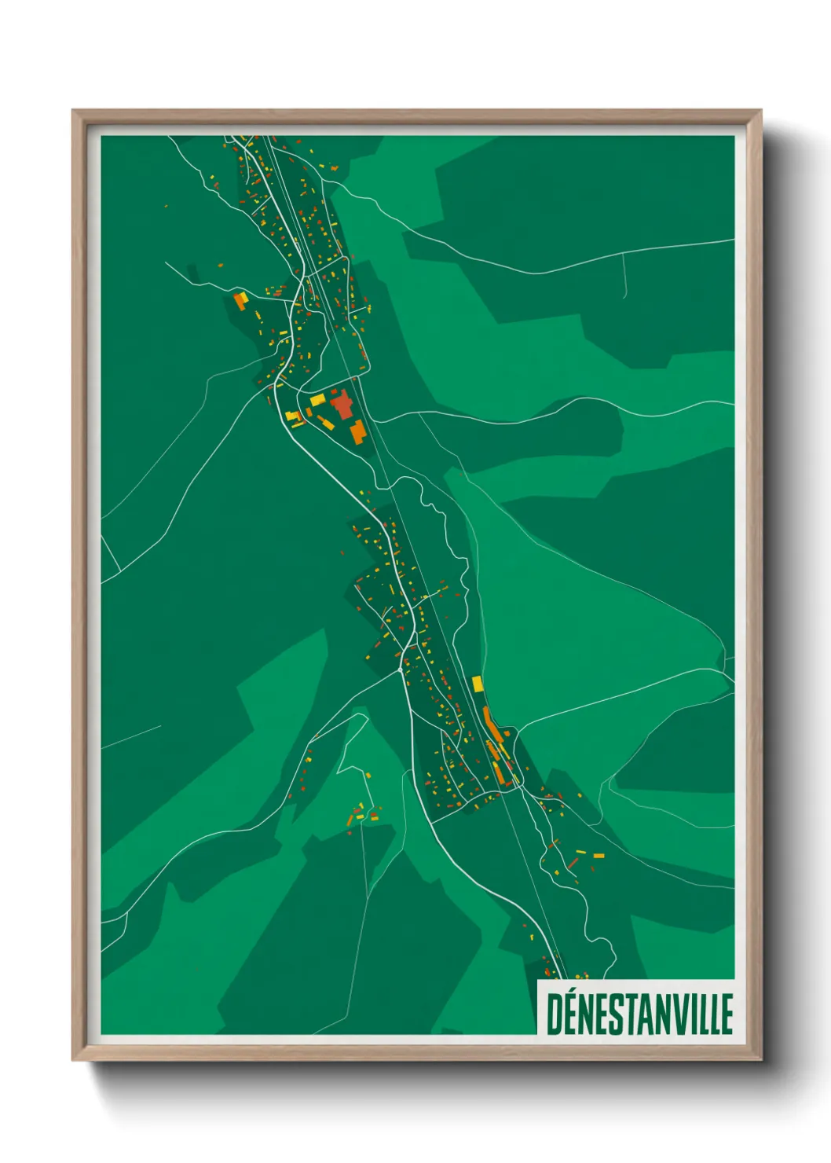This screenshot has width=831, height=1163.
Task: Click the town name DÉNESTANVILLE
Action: coord(639,1014)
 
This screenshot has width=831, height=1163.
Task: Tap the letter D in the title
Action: coord(555,1014)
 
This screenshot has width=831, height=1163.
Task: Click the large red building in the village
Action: coord(342,406)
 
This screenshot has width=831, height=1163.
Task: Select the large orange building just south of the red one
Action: coord(357,431)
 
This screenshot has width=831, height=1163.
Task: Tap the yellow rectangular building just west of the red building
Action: coord(317,400)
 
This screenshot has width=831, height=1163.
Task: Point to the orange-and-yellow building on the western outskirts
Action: coord(240,299)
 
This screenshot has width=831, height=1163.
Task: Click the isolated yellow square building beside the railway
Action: coord(477,683)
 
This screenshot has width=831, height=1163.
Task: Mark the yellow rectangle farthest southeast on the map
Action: coord(599,855)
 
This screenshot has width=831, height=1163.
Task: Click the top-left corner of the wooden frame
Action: coord(74,112)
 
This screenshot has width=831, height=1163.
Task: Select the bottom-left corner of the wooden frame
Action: coord(75,1058)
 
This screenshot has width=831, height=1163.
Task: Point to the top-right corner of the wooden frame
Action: coord(760,112)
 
